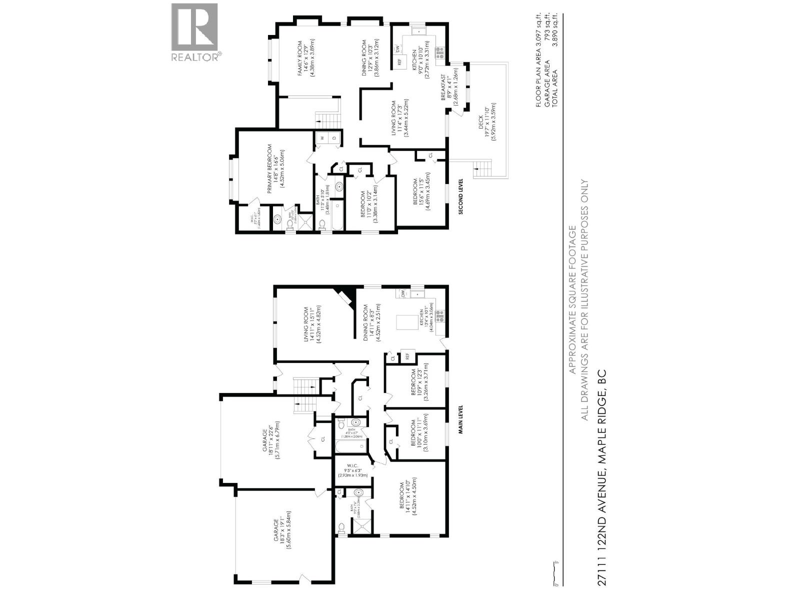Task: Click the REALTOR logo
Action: (x=195, y=32)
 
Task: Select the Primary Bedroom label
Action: (x=274, y=165)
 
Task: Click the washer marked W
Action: (x=322, y=138)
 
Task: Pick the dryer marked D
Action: (x=335, y=138)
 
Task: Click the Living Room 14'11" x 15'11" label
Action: (x=311, y=325)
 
